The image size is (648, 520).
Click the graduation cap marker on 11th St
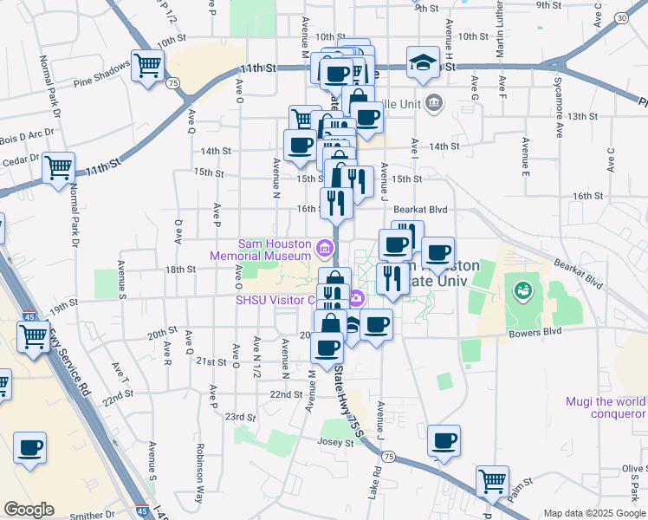click(423, 63)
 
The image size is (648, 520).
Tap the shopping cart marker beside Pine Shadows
click(148, 65)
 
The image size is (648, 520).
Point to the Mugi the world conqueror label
click(606, 407)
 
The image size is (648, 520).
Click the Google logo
click(29, 510)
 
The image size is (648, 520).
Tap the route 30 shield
click(621, 18)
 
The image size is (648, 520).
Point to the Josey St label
click(337, 442)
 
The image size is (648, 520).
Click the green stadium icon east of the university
click(522, 289)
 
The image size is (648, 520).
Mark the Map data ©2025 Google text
click(594, 513)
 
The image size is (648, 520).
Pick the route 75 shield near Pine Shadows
click(174, 82)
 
